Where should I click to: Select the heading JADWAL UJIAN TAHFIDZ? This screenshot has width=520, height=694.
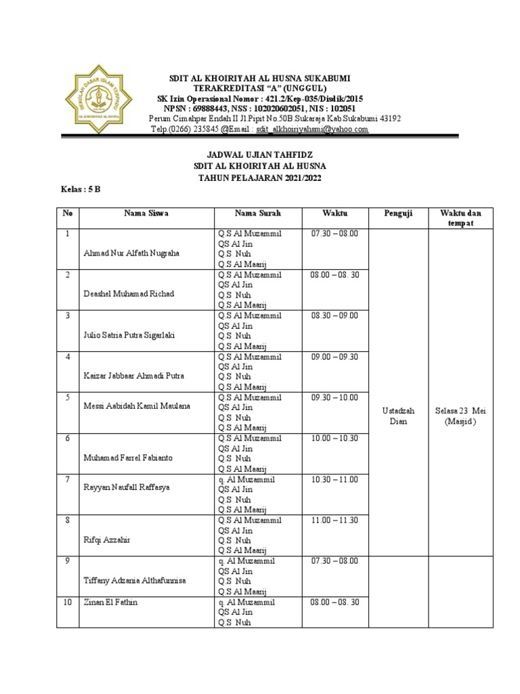point(259,155)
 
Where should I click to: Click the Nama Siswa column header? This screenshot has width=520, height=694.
point(146,213)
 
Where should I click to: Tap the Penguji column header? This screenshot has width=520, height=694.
point(397,213)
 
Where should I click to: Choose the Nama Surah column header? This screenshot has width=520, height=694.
point(258,213)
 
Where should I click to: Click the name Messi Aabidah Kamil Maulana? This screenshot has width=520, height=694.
point(136,406)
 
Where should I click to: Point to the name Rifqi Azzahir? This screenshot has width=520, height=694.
point(106,539)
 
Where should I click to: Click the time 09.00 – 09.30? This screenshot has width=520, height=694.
point(334,356)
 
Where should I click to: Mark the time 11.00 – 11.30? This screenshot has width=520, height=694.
point(334,520)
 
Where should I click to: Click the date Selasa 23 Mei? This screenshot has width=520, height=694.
point(461,411)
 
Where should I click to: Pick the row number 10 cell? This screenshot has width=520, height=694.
point(68,602)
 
